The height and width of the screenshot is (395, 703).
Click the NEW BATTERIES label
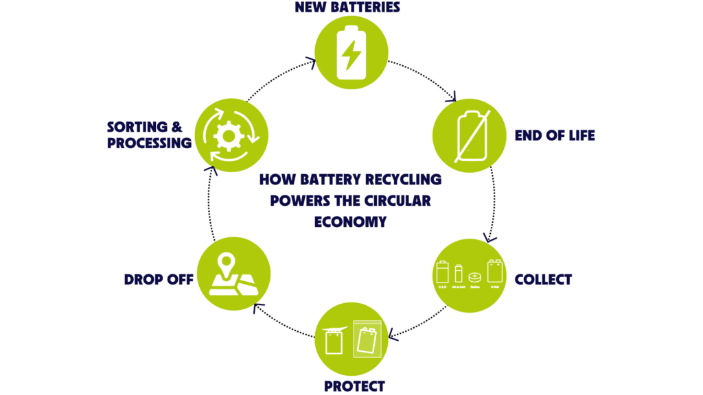(x=347, y=8)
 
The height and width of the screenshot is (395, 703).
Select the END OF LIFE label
(x=554, y=136)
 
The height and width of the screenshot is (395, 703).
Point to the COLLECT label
(x=543, y=280)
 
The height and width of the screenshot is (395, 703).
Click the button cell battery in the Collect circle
(x=474, y=276)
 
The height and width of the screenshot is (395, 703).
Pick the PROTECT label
(x=354, y=386)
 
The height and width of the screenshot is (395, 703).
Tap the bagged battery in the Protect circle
(x=367, y=338)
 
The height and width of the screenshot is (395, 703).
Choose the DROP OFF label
(x=158, y=280)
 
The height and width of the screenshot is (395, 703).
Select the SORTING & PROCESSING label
(x=149, y=135)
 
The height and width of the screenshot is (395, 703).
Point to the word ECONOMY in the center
(x=350, y=222)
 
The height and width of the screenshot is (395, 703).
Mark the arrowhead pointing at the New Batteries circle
(x=311, y=64)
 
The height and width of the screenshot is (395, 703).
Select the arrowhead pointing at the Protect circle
(x=393, y=334)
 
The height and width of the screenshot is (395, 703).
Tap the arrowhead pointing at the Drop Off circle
(x=257, y=308)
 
